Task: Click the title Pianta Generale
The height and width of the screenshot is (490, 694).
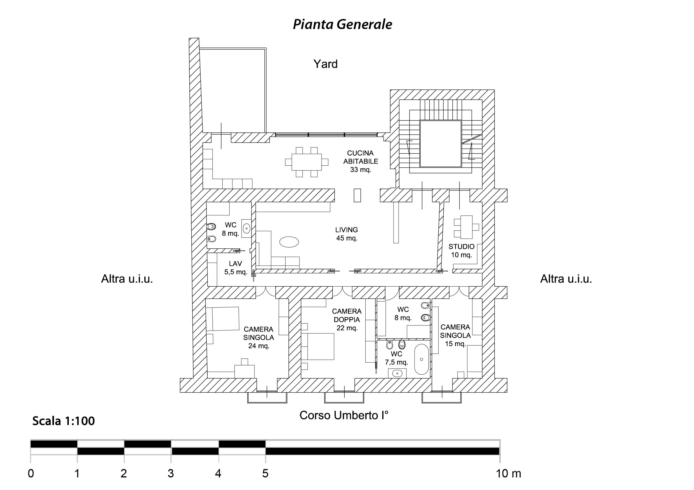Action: click(342, 24)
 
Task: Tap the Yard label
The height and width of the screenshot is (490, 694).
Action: click(325, 64)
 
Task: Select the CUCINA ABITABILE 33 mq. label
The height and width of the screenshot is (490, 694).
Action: click(360, 161)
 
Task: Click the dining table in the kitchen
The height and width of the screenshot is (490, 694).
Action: click(307, 162)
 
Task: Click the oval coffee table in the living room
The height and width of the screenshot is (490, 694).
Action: click(289, 242)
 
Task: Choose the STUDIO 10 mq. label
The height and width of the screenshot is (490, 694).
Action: click(461, 251)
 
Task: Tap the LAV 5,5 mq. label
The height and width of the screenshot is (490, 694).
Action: click(236, 268)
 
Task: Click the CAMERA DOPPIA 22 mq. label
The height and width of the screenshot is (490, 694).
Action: click(347, 319)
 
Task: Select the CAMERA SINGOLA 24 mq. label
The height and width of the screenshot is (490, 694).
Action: click(258, 337)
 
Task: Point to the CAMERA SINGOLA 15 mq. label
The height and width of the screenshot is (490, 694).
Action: click(455, 335)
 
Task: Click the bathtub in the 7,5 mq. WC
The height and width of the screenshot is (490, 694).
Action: click(421, 359)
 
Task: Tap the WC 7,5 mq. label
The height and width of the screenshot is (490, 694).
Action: click(396, 358)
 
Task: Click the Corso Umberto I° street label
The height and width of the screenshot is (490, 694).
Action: click(344, 415)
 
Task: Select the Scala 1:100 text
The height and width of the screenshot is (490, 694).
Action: click(63, 421)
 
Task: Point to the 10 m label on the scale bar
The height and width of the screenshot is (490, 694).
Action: click(509, 474)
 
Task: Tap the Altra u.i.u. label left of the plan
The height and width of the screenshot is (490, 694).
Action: click(127, 279)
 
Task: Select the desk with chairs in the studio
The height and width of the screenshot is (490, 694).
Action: click(466, 227)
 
